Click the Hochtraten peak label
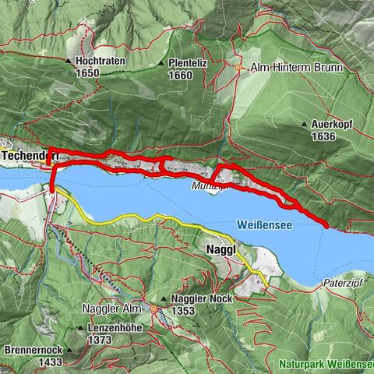(x=102, y=60)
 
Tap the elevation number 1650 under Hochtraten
(x=88, y=72)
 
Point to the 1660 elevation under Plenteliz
(x=181, y=76)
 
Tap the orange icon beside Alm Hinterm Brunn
(x=238, y=68)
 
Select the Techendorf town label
(x=30, y=156)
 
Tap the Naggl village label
(x=221, y=249)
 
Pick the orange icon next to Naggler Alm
(x=154, y=309)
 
